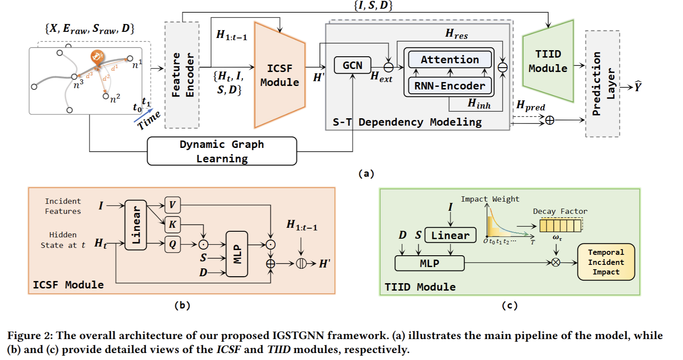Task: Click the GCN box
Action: coord(352,65)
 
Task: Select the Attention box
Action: coord(450,60)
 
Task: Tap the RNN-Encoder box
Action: coord(450,86)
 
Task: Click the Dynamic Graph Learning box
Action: coord(222,151)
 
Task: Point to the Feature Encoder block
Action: coord(182,75)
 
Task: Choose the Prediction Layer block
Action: coord(602,84)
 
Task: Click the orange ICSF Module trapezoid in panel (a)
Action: coord(280,75)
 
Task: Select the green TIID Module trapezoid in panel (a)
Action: coord(548,61)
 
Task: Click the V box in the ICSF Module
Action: coord(172,205)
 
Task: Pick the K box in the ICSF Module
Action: coord(172,224)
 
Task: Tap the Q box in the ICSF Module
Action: coord(172,244)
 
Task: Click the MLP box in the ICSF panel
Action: coord(237,254)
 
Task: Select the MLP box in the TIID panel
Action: coord(429,264)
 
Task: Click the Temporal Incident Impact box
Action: coord(606,262)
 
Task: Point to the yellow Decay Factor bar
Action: coord(560,226)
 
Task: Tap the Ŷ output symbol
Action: coord(638,87)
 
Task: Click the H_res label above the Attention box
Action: coord(456,34)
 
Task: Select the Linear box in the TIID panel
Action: coord(450,235)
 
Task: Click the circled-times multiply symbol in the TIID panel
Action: coord(556,263)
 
